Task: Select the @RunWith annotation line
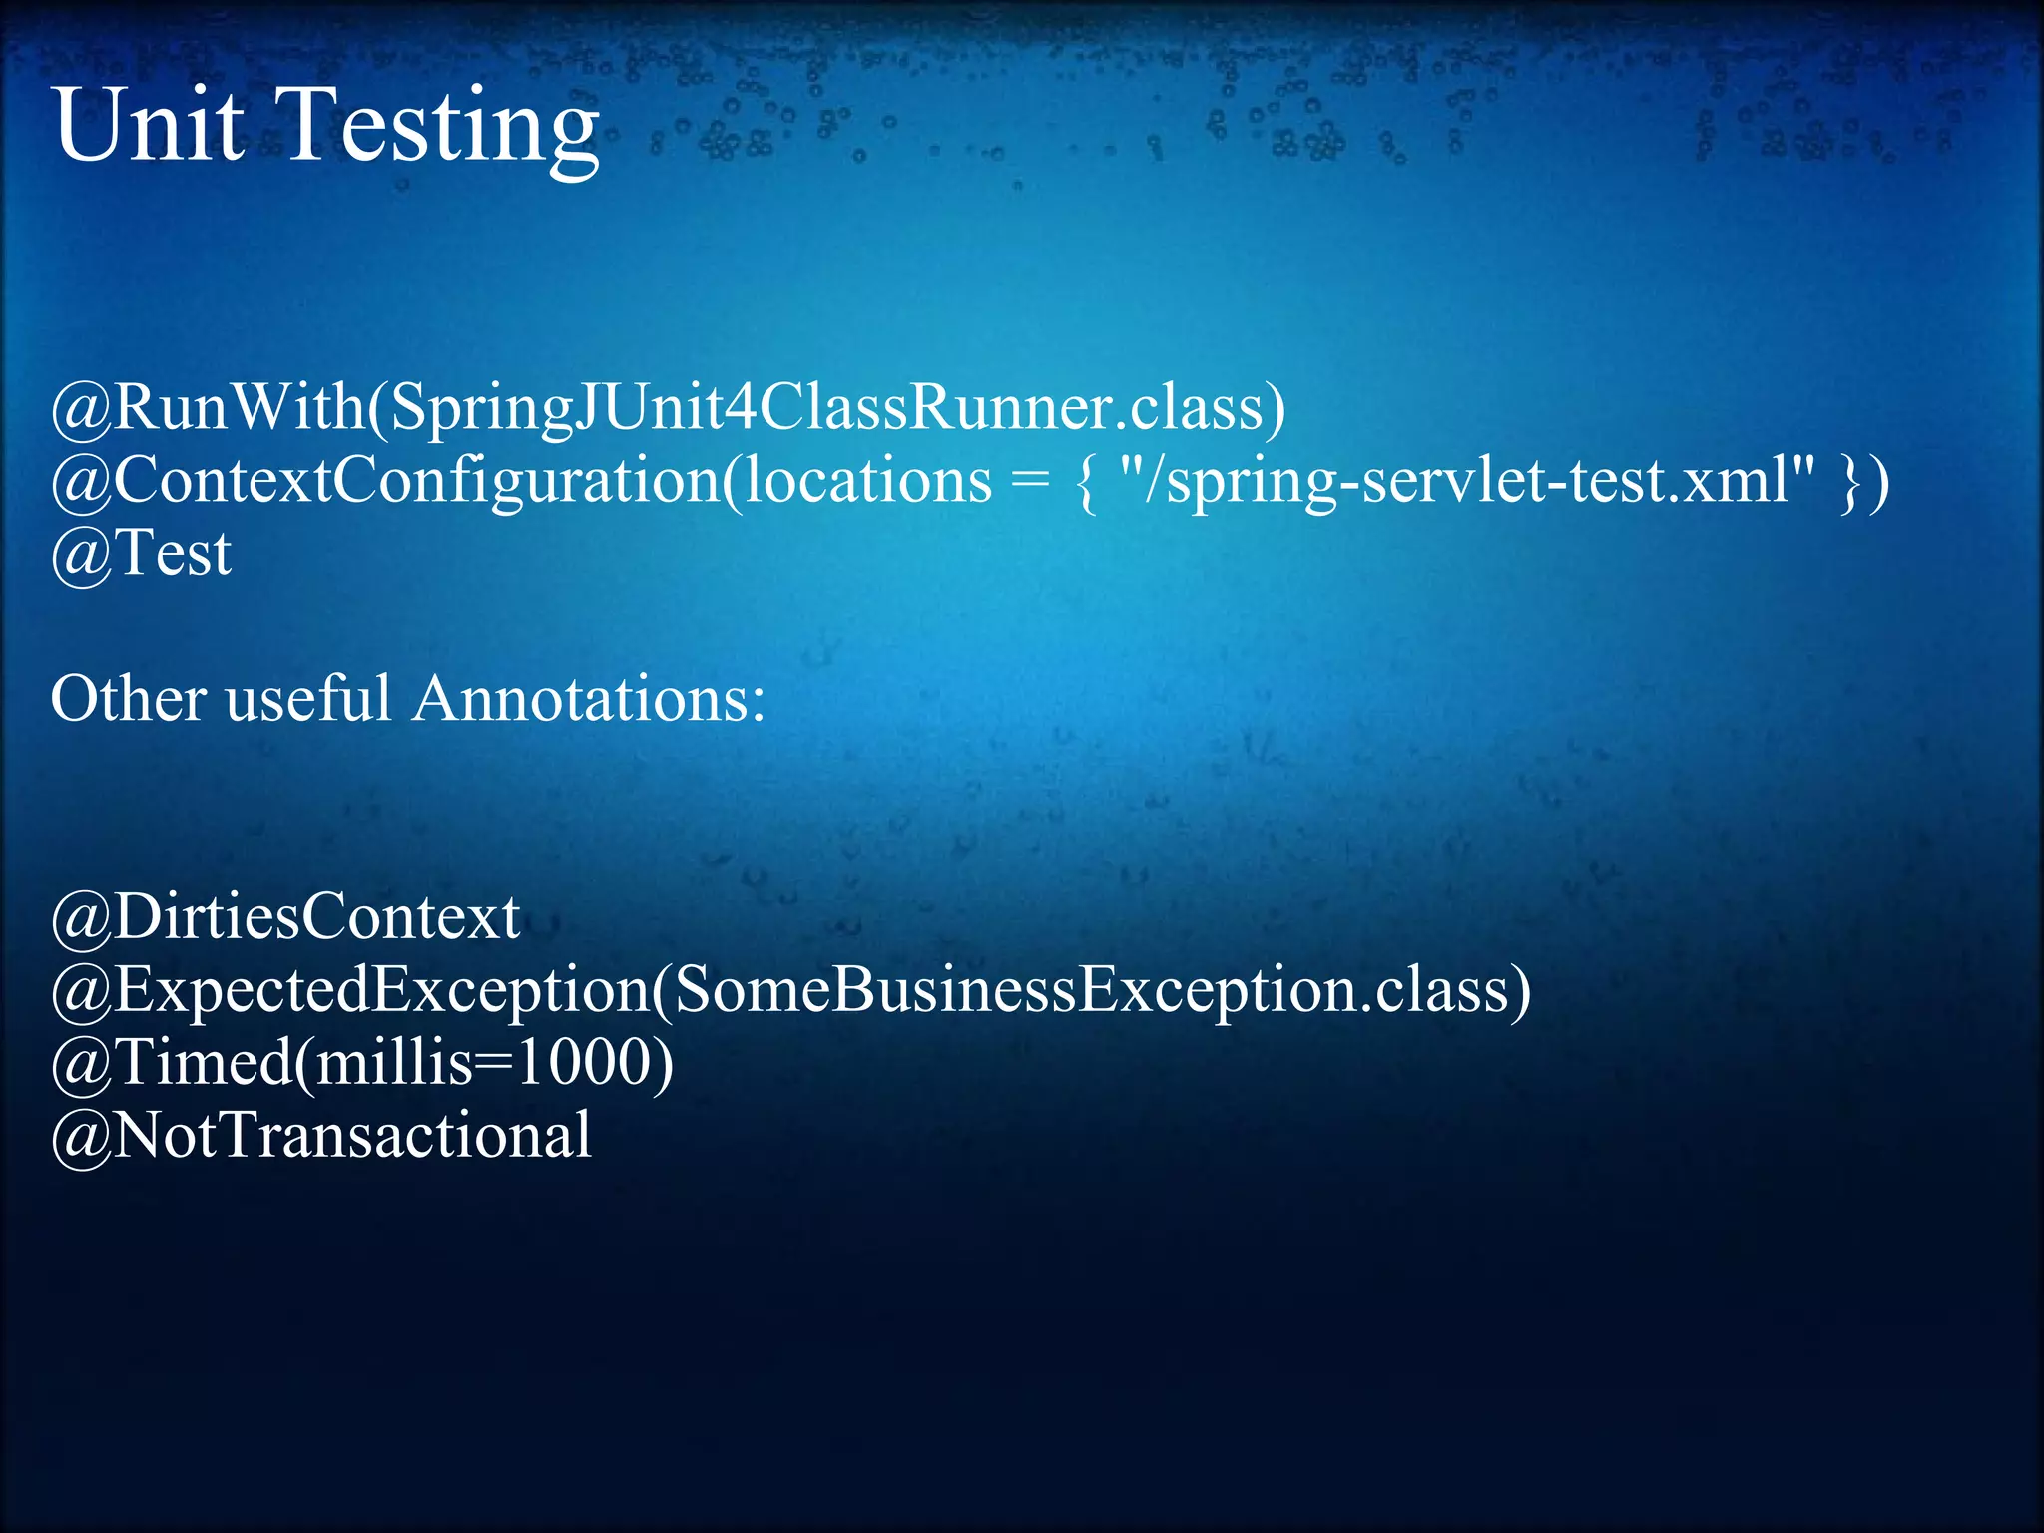[669, 407]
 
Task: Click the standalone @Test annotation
[141, 553]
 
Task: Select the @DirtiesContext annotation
[285, 916]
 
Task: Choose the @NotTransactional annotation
[320, 1135]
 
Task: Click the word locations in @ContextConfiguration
[868, 480]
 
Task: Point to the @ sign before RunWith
[81, 409]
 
